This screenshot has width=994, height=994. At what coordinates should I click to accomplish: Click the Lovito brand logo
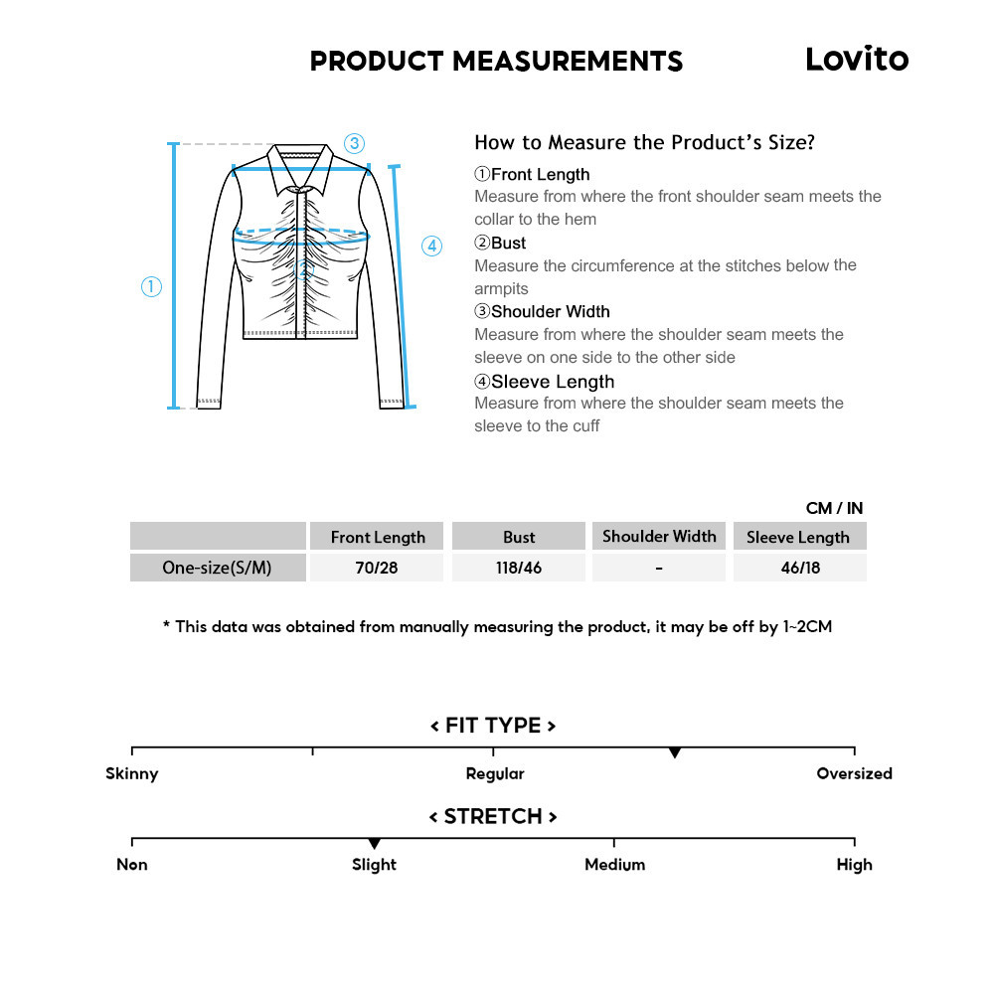tap(856, 59)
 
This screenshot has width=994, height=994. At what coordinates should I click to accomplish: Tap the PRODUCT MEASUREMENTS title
tap(496, 61)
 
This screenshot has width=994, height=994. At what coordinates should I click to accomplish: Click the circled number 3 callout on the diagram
tap(354, 143)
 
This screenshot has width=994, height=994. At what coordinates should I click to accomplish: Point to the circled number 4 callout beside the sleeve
tap(431, 246)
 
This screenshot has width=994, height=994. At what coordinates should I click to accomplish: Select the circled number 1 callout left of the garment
tap(151, 287)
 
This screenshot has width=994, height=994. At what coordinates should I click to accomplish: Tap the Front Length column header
tap(378, 537)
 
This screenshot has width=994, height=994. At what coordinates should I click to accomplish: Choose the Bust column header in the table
tap(519, 537)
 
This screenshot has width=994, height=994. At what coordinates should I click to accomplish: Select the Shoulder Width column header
tap(659, 536)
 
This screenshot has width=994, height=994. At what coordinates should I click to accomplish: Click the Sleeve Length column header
tap(798, 537)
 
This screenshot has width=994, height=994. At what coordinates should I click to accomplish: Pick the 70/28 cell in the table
tap(378, 569)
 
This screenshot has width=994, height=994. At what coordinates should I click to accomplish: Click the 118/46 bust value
tap(519, 569)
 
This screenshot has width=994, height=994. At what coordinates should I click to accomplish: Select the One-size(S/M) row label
tap(218, 569)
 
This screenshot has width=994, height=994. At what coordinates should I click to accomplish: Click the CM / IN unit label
tap(834, 508)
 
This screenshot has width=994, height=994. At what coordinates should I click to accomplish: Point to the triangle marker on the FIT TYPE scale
tap(674, 753)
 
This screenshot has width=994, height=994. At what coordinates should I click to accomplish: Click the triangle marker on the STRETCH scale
tap(374, 844)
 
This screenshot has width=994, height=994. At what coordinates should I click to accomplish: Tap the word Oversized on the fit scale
tap(854, 773)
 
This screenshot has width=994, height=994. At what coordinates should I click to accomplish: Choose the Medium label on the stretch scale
tap(614, 865)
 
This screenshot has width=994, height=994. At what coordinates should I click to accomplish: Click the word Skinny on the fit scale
tap(132, 773)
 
